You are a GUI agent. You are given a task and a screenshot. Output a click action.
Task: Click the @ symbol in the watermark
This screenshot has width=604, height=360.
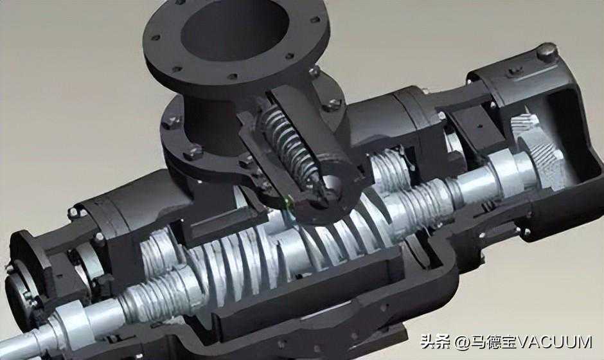pos(461,342)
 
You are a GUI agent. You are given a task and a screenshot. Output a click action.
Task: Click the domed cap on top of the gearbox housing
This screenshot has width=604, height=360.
pos(547,53)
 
